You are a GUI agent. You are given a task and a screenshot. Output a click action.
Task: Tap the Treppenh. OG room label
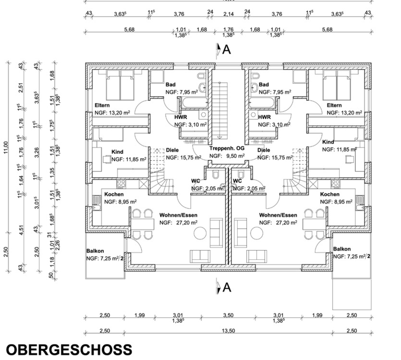click(x=227, y=149)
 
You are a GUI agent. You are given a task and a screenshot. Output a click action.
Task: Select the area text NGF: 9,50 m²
click(x=227, y=156)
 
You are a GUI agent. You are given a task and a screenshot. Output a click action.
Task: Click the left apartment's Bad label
click(x=170, y=84)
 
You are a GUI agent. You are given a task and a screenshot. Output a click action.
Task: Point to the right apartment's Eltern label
click(x=334, y=106)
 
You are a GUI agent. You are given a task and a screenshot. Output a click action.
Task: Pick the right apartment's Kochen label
click(x=330, y=194)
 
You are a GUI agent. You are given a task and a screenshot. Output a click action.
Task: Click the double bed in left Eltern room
click(x=120, y=85)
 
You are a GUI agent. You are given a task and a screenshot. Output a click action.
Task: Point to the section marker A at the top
click(x=224, y=49)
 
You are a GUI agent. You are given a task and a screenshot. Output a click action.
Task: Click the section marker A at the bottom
click(x=224, y=288)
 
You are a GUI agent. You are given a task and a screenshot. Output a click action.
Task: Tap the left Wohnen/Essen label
click(x=178, y=215)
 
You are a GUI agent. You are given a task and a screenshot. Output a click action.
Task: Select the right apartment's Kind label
click(x=328, y=143)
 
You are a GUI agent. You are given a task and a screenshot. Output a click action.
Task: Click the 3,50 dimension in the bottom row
click(x=228, y=315)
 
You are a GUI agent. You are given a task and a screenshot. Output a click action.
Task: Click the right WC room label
click(x=237, y=181)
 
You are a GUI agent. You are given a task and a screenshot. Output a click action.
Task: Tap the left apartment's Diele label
click(x=172, y=150)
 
